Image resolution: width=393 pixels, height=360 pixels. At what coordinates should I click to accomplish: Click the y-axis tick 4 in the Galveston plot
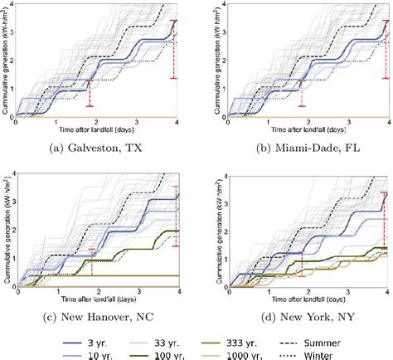[10, 5]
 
